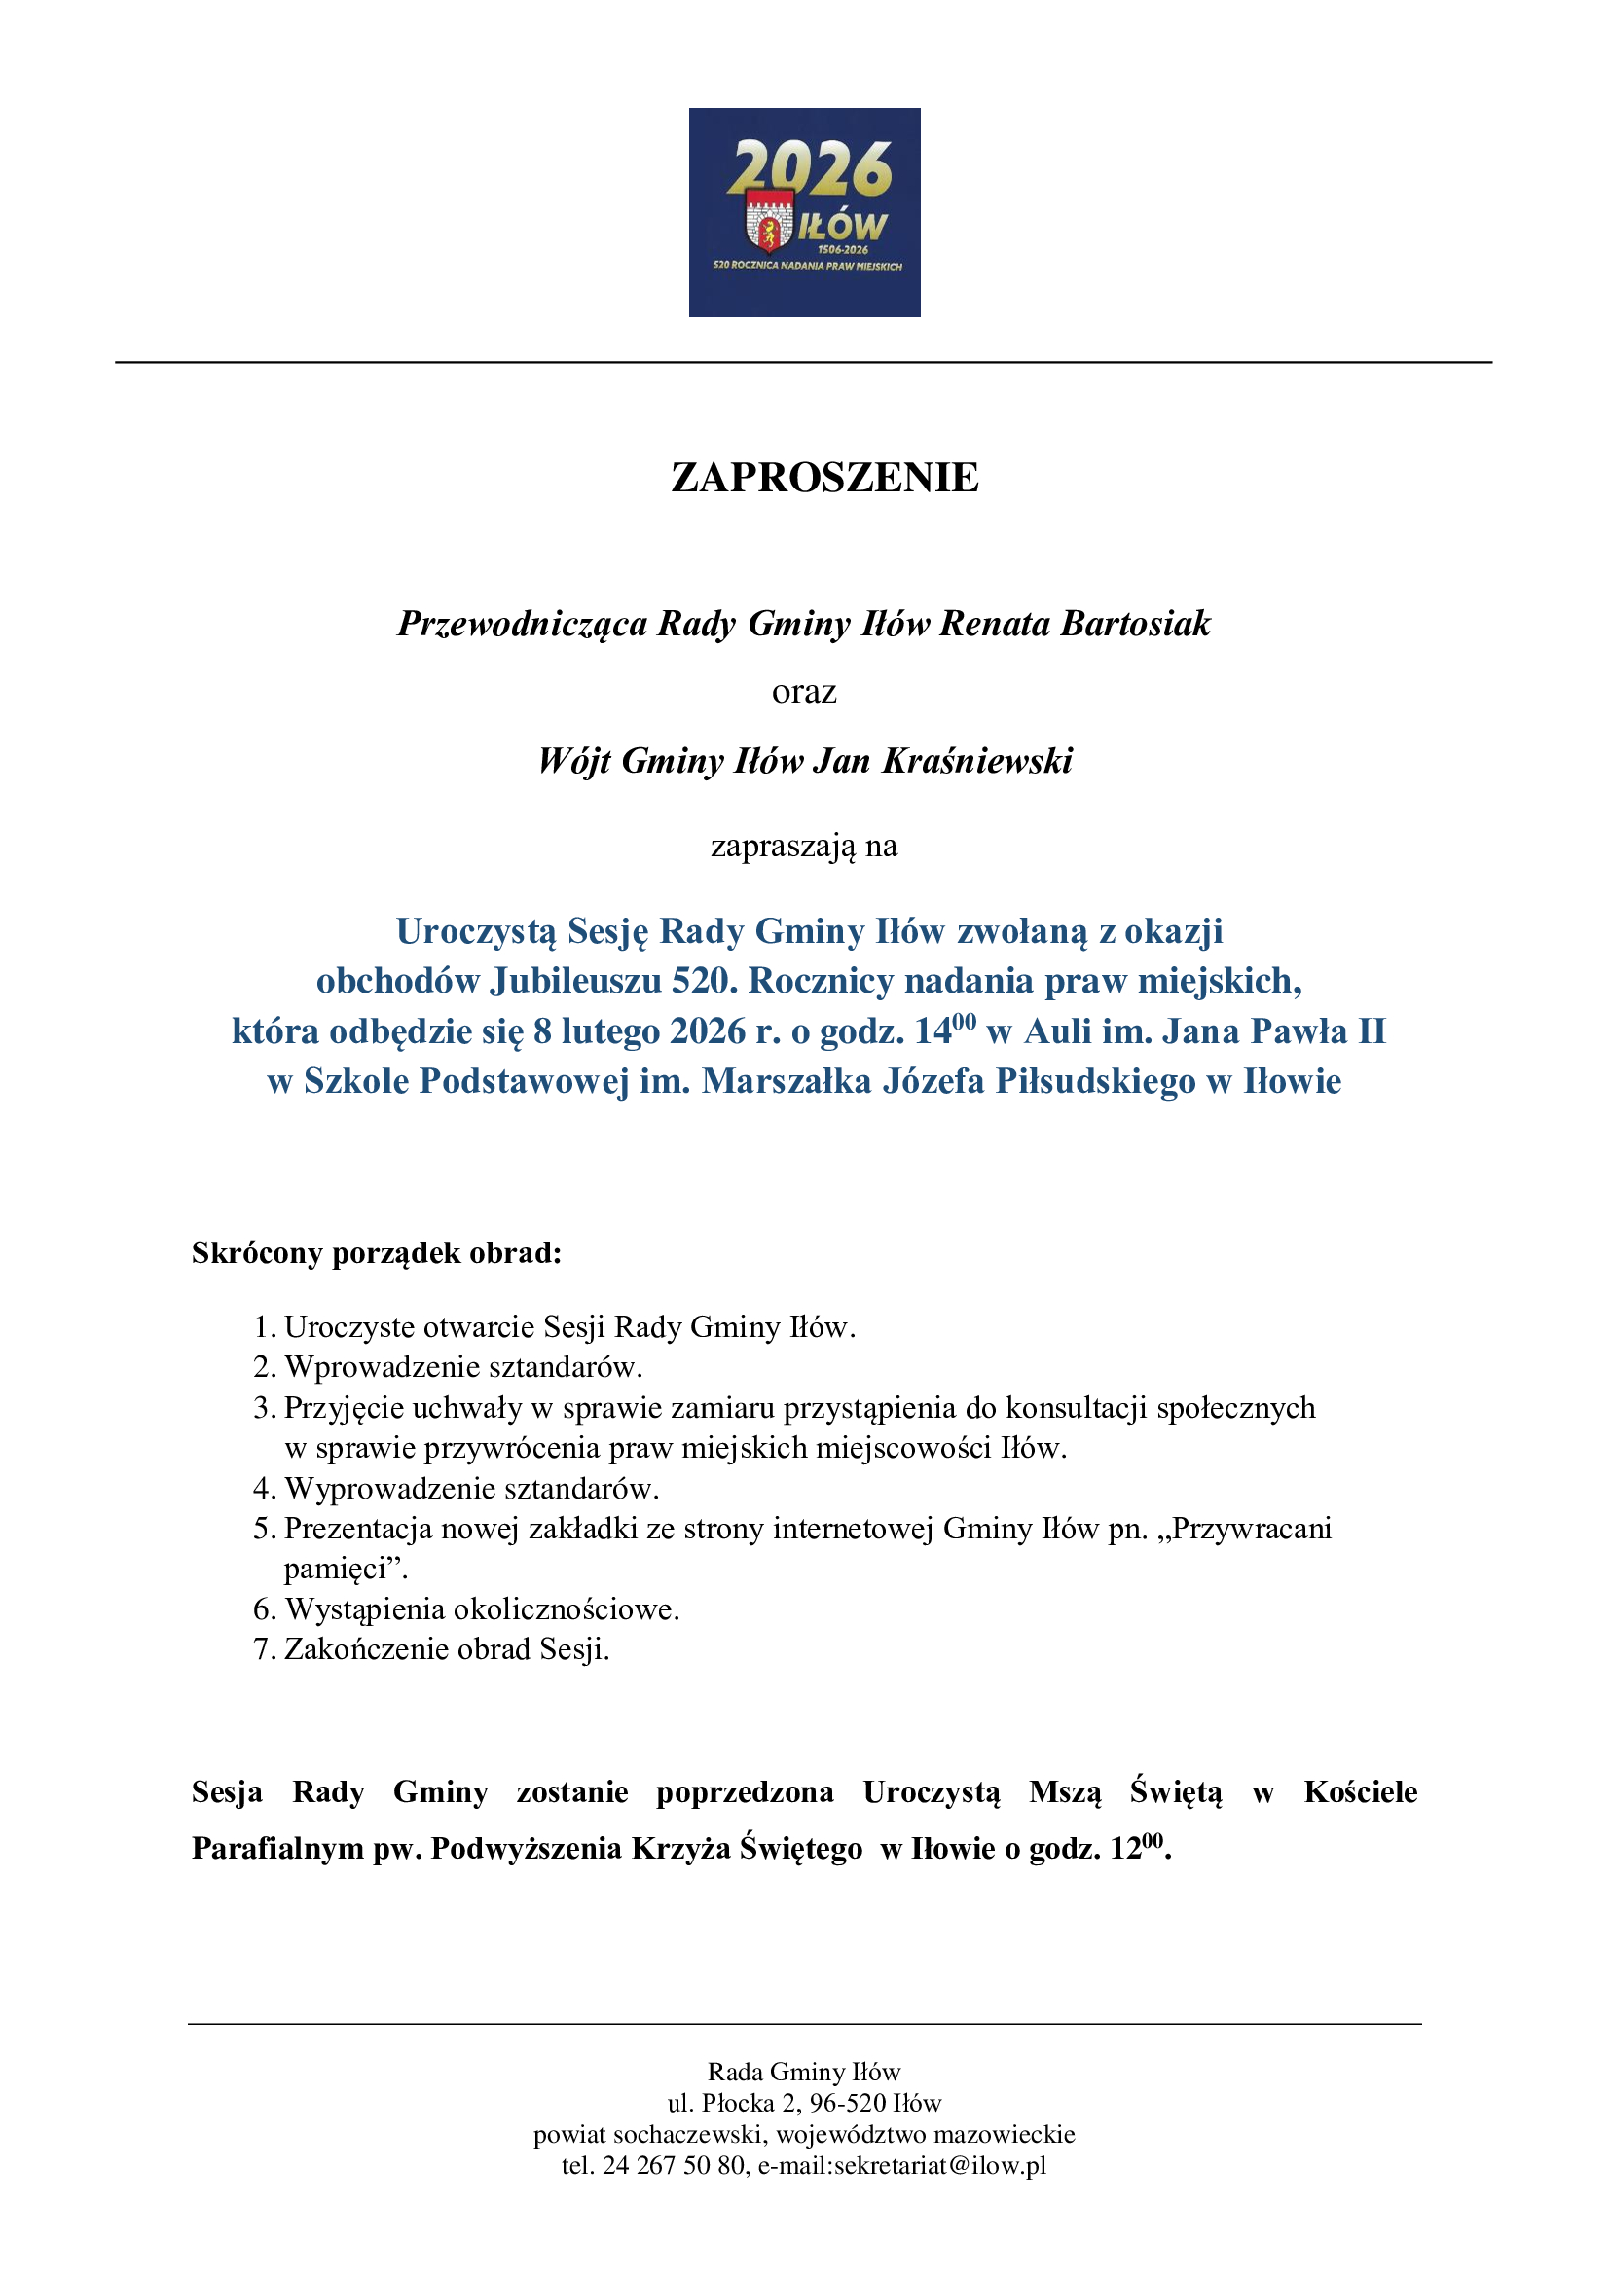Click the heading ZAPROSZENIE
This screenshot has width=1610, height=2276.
pos(823,478)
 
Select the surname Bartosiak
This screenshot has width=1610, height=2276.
pos(1135,624)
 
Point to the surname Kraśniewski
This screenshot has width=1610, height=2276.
pos(976,760)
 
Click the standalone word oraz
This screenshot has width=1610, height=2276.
pos(804,691)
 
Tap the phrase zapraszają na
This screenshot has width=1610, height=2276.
pos(804,846)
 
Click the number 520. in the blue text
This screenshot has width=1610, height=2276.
pos(705,981)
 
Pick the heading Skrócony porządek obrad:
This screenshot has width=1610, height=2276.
pos(377,1253)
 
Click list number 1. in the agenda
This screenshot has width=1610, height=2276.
pos(264,1327)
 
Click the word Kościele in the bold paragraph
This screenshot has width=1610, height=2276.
pos(1360,1792)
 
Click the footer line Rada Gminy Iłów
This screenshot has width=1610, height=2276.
pos(804,2072)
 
